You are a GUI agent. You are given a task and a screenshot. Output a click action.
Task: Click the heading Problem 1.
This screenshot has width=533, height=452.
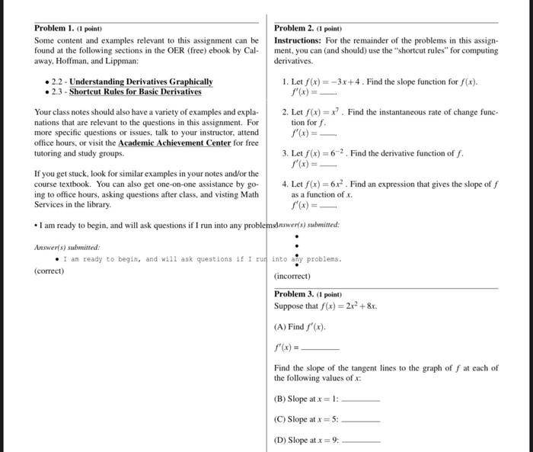(x=56, y=28)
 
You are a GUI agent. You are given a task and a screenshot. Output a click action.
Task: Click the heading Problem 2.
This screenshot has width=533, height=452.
(x=296, y=28)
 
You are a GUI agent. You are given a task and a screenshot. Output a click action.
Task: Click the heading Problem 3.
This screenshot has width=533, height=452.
(x=296, y=294)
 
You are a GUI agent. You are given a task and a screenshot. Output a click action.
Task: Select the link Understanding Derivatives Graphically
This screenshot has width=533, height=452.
(x=141, y=82)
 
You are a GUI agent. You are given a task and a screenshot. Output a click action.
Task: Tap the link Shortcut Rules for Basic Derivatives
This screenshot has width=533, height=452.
(x=136, y=91)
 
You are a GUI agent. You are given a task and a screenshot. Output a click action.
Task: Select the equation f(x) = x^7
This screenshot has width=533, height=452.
(x=329, y=112)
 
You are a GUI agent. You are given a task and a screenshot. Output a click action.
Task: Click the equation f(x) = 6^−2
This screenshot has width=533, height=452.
(x=330, y=152)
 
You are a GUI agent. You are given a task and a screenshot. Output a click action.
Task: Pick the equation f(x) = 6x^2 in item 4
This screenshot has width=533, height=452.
(x=331, y=184)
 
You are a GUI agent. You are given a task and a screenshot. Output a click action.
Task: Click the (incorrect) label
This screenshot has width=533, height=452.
(x=292, y=276)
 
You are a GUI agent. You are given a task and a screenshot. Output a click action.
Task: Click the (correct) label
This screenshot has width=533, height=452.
(x=50, y=271)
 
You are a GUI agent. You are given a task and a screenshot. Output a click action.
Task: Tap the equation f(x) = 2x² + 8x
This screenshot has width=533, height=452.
(x=346, y=306)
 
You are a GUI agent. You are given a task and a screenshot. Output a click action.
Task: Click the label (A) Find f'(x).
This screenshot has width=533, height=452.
(x=300, y=327)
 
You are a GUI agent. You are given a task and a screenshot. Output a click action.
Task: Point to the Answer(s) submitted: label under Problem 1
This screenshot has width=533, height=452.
(x=67, y=247)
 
